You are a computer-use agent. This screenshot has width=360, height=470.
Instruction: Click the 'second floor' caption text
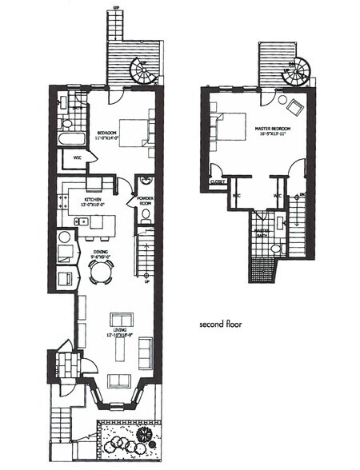(x=221, y=325)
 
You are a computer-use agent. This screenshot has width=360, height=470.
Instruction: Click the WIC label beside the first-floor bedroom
(x=77, y=157)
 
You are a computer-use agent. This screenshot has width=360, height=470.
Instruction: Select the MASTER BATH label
(x=262, y=232)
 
